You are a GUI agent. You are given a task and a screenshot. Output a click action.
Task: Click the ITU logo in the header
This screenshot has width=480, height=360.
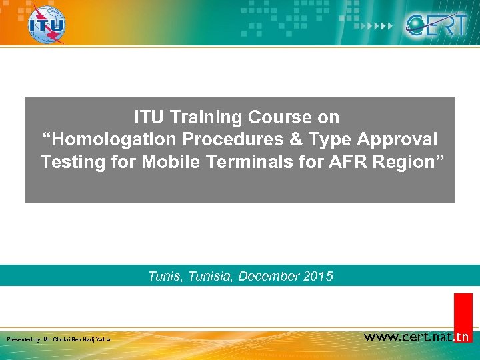click(47, 24)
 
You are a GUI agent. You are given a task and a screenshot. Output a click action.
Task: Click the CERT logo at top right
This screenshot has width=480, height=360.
click(437, 25)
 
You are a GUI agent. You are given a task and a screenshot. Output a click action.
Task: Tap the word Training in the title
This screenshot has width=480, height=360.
click(207, 117)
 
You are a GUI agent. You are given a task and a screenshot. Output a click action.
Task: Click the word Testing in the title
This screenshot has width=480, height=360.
click(69, 161)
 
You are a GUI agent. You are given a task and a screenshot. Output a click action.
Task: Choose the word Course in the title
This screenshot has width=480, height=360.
click(280, 117)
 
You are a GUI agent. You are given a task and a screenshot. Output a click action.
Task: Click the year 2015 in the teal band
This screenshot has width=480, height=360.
click(317, 276)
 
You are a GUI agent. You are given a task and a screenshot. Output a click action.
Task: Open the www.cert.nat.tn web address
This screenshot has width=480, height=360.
click(417, 337)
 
